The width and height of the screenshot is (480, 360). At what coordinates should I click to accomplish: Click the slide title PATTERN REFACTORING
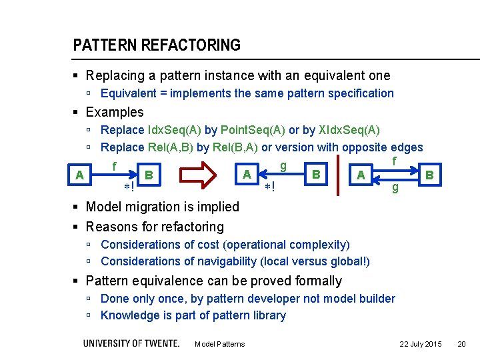point(157,45)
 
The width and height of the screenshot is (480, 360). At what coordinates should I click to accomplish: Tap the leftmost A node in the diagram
point(80,175)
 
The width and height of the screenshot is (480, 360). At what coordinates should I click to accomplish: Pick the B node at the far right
point(429,175)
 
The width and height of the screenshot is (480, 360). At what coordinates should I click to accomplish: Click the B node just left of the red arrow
point(149,175)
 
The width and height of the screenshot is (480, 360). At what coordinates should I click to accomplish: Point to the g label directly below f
point(395,187)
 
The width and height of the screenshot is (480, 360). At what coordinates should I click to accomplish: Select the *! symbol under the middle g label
point(269,187)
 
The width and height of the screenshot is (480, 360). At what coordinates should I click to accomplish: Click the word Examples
point(115,112)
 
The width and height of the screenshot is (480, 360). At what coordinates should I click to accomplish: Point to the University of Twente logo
point(131,343)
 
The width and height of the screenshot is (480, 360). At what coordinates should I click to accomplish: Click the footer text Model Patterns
point(219,344)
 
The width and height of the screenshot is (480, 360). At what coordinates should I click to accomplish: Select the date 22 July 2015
point(420,344)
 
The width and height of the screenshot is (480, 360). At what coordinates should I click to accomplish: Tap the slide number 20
point(461,344)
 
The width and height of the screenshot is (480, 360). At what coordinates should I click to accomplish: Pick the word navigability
point(222,261)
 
